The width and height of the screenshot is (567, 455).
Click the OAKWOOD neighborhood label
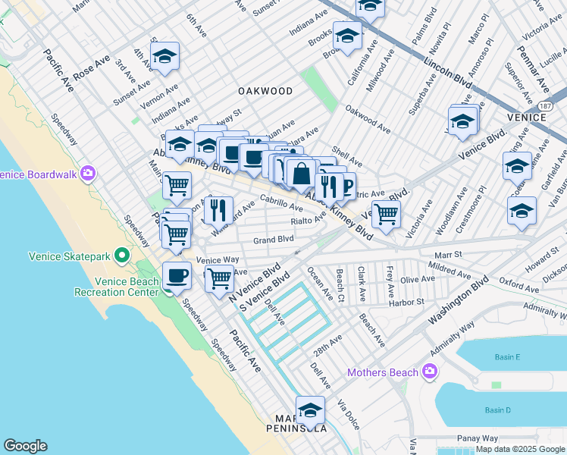click(x=265, y=91)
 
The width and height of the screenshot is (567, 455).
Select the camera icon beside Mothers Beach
click(x=430, y=372)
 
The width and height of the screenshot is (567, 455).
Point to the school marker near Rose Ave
click(x=164, y=57)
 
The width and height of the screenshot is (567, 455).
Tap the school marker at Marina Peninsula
click(x=310, y=410)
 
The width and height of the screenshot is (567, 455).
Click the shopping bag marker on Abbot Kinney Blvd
click(x=301, y=174)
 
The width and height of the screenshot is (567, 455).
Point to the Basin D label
click(x=498, y=410)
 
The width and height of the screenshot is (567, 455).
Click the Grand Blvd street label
click(x=273, y=240)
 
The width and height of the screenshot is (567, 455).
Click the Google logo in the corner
click(x=25, y=446)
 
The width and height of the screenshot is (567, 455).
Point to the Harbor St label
click(x=408, y=302)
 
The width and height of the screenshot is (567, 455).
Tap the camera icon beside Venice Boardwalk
click(x=88, y=174)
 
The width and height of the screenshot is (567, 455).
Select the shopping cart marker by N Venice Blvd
click(x=219, y=278)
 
